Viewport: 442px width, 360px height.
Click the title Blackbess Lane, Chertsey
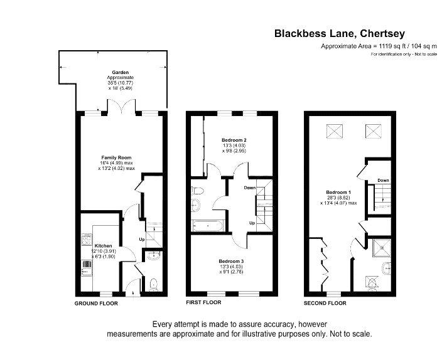pyautogui.click(x=340, y=33)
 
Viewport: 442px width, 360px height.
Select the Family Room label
pyautogui.click(x=116, y=158)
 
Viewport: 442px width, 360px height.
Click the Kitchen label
pyautogui.click(x=103, y=246)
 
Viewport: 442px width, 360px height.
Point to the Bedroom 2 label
pyautogui.click(x=234, y=140)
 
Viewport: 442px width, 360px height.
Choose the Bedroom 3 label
pyautogui.click(x=231, y=261)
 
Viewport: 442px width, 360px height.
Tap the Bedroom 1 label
pyautogui.click(x=338, y=193)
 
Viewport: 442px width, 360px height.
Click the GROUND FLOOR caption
pyautogui.click(x=96, y=304)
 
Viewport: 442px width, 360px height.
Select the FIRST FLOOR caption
pyautogui.click(x=203, y=302)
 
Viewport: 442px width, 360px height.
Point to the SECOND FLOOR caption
pyautogui.click(x=325, y=303)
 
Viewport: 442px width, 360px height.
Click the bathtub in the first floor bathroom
pyautogui.click(x=208, y=226)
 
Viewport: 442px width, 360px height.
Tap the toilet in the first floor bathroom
pyautogui.click(x=197, y=191)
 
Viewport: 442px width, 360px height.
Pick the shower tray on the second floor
pyautogui.click(x=382, y=248)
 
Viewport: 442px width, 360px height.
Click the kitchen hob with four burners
pyautogui.click(x=87, y=239)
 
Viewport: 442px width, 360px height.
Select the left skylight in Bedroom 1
pyautogui.click(x=335, y=131)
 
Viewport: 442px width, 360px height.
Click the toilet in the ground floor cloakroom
pyautogui.click(x=153, y=285)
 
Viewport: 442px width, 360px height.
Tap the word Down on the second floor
pyautogui.click(x=383, y=180)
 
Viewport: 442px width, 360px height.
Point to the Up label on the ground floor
pyautogui.click(x=142, y=240)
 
